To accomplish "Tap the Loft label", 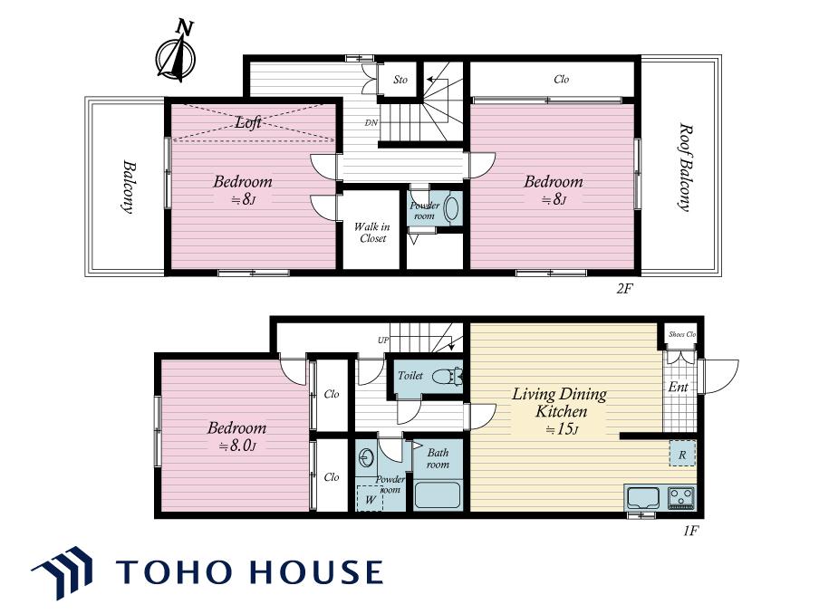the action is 248,122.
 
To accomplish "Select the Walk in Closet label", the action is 371,233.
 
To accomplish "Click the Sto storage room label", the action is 400,80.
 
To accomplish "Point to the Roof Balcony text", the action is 685,167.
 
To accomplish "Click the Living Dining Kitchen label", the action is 559,402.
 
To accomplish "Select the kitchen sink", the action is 643,497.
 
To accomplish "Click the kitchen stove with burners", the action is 680,497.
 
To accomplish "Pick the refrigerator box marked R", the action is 682,454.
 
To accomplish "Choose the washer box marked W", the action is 370,499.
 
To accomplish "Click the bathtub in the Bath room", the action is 438,495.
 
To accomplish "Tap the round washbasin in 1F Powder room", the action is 367,458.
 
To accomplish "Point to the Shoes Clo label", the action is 681,334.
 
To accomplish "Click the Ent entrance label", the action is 678,387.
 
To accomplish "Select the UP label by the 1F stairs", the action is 383,341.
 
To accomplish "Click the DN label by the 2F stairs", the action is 371,123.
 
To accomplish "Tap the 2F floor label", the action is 624,288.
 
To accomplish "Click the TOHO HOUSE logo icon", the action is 63,572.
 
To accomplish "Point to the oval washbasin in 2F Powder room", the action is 451,208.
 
